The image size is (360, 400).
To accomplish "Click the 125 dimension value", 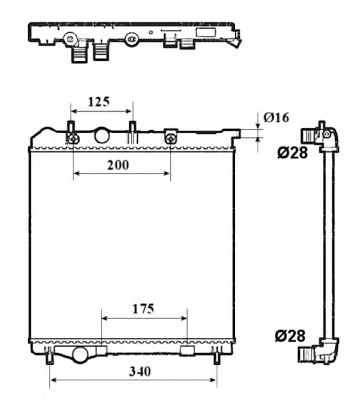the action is [x=99, y=101].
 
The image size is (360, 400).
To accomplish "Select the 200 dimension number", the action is [x=118, y=165].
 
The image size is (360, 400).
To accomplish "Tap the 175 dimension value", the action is [x=144, y=309].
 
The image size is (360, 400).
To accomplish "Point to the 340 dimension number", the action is [x=140, y=371].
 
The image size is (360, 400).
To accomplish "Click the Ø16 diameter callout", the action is [x=276, y=117].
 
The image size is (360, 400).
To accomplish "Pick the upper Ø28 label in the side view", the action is [x=292, y=153].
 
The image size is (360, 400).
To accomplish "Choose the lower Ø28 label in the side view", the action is [x=290, y=336].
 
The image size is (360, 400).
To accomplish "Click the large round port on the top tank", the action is [x=102, y=135].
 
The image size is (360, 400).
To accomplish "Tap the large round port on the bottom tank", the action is [x=80, y=355].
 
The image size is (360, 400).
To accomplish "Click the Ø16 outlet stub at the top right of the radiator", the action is [x=235, y=134].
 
